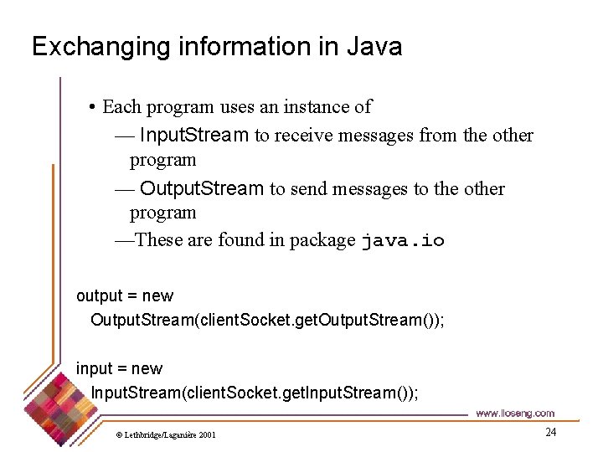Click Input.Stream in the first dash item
click(x=193, y=135)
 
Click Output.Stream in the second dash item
click(x=202, y=188)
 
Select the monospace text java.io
click(x=403, y=241)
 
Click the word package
click(x=322, y=241)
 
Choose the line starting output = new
click(x=125, y=295)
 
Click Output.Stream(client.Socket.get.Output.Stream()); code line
click(x=267, y=320)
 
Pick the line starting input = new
click(x=120, y=368)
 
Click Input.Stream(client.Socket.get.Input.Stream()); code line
click(x=254, y=393)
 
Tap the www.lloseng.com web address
click(x=514, y=413)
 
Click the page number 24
click(x=550, y=432)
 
